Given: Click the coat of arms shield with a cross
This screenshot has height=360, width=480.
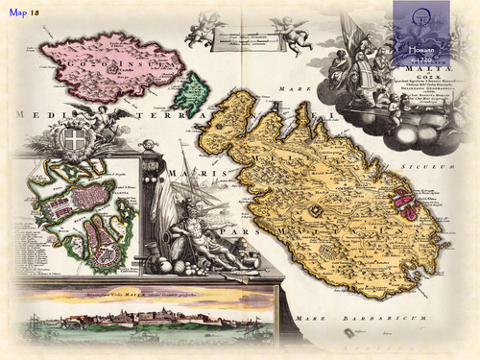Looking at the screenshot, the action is click(x=69, y=140).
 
